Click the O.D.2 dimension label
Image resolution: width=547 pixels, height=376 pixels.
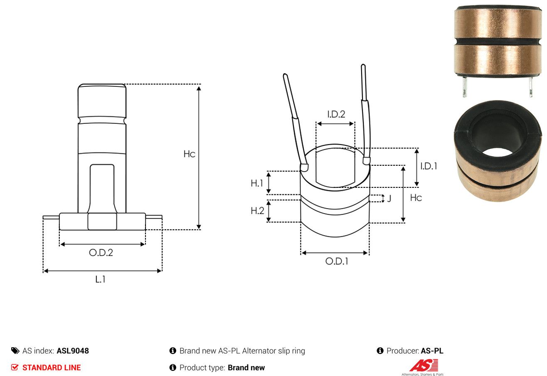click(101, 253)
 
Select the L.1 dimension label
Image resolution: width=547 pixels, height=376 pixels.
click(100, 279)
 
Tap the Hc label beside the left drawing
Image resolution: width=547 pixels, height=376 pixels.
click(189, 154)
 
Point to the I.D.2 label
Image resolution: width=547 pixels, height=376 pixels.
click(336, 114)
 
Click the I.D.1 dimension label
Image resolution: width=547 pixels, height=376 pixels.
click(429, 166)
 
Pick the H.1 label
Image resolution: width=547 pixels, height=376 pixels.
click(257, 183)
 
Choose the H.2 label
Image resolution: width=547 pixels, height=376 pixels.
click(257, 211)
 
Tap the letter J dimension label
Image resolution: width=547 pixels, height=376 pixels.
click(389, 198)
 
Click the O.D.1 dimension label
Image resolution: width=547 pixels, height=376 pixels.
click(337, 261)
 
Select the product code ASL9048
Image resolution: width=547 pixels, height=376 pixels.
click(73, 351)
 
